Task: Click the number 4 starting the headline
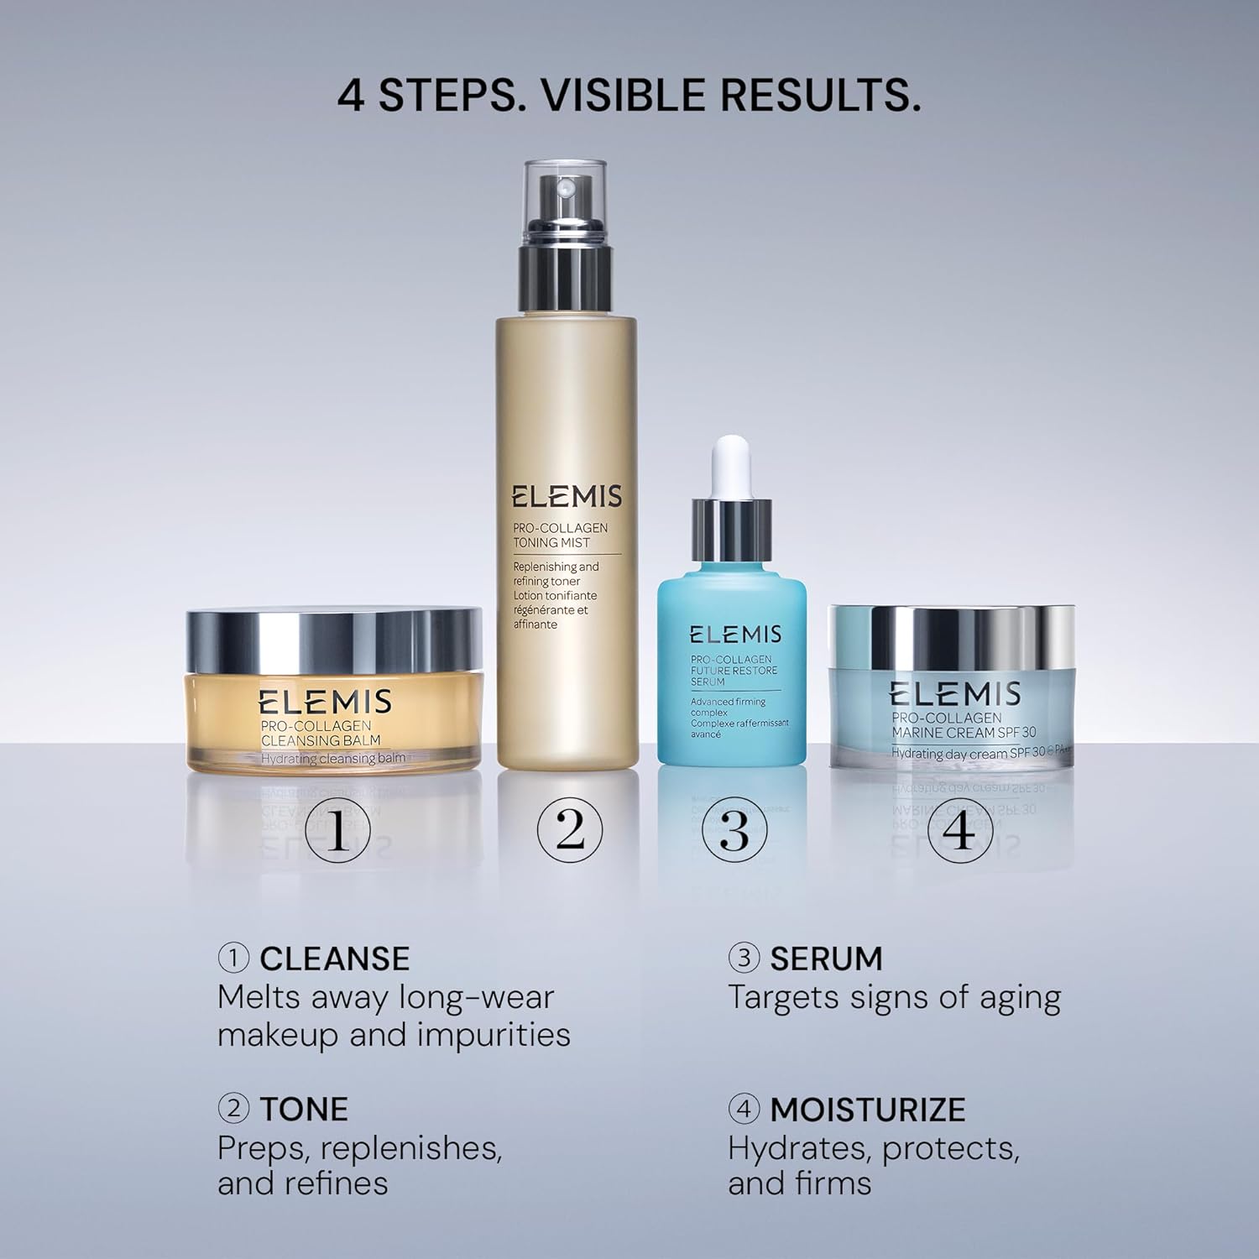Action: click(351, 95)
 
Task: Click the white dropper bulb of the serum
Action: click(731, 466)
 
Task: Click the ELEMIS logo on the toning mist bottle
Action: click(567, 496)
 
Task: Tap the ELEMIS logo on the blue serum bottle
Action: click(735, 635)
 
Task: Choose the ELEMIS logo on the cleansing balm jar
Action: click(325, 702)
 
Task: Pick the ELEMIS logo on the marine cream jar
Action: click(954, 694)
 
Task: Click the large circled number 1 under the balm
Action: click(338, 832)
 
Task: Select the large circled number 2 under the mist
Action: click(570, 829)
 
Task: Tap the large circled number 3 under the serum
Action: click(734, 829)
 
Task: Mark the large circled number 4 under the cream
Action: click(960, 829)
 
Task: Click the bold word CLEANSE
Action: click(334, 959)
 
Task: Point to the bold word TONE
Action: click(303, 1109)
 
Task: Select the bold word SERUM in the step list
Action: click(826, 959)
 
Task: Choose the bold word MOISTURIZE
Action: click(867, 1109)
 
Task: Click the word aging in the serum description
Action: click(1019, 999)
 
